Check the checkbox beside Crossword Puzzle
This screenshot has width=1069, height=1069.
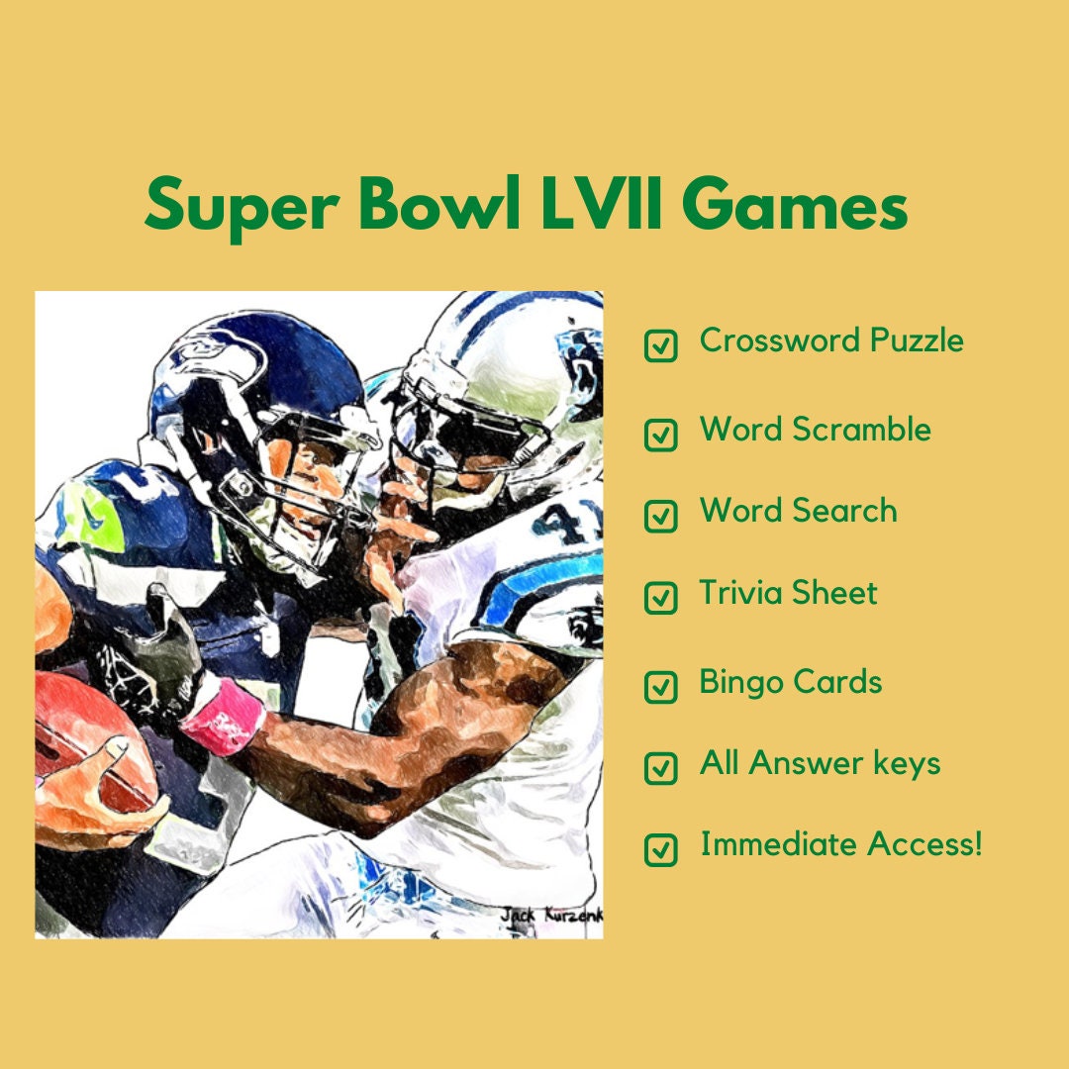661,345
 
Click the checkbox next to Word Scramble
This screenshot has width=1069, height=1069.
661,435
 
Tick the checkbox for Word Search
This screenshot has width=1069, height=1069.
661,516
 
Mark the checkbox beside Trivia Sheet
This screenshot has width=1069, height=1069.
661,597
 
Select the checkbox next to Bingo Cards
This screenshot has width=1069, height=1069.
661,686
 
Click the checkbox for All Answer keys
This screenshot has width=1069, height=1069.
661,767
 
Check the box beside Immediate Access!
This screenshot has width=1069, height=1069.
661,849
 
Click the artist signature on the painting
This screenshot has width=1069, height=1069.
550,916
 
